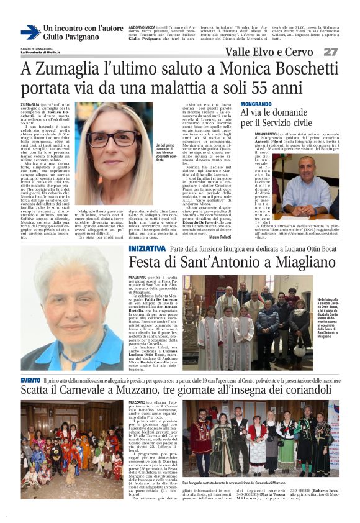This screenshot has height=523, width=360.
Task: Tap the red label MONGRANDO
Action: coord(256,104)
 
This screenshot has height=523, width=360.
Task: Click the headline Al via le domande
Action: coord(276,112)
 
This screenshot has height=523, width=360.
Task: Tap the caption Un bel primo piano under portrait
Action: coord(161,152)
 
